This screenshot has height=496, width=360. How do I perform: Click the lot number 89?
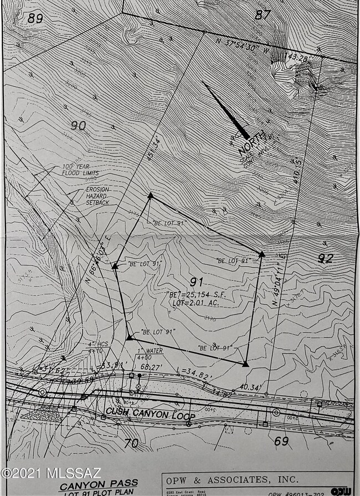pos(35,18)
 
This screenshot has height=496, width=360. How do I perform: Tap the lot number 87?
pos(261,15)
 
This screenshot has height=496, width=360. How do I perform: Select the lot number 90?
pos(78,125)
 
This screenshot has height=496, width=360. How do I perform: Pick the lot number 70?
pos(131,443)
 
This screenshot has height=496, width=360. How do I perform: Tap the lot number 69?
pos(281,441)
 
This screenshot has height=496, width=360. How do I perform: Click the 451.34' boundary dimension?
pos(154,149)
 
